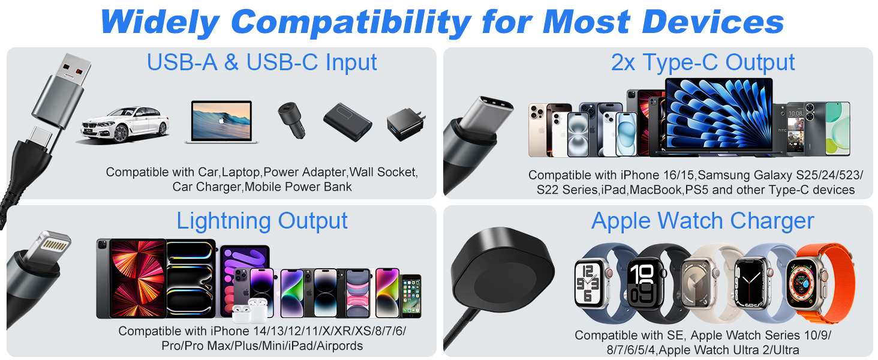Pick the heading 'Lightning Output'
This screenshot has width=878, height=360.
coord(262,221)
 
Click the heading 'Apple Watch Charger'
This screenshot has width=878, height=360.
coord(702,221)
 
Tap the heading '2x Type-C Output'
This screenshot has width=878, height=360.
coord(703,62)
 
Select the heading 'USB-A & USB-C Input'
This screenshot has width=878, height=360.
coord(262,62)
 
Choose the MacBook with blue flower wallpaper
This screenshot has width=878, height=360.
coord(718,118)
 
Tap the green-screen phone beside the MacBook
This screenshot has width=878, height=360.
coord(837,128)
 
